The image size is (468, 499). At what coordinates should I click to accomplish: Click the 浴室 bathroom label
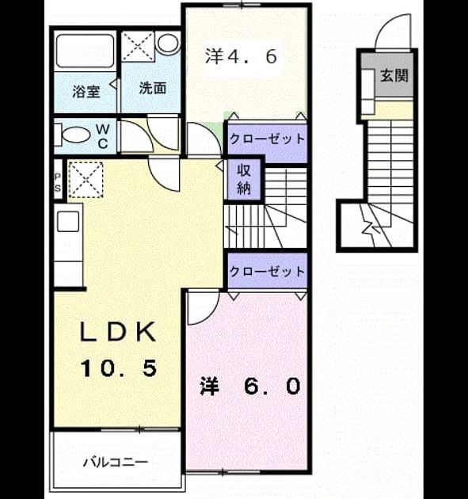pos(86,92)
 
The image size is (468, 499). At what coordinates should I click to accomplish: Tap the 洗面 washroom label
pos(153,88)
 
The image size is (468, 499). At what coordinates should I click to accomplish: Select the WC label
pos(102,136)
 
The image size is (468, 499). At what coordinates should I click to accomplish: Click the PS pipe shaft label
pos(58,182)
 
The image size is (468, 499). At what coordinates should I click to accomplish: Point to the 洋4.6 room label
pos(241,56)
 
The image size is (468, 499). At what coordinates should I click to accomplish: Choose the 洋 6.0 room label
pos(249,386)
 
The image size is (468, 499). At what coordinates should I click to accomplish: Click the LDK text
pos(118,332)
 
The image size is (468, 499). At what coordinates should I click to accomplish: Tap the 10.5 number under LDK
pos(119,368)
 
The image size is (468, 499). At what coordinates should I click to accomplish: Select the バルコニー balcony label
pos(116,462)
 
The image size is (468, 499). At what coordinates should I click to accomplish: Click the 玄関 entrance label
pos(394,75)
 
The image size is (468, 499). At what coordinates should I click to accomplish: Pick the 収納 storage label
pos(244,180)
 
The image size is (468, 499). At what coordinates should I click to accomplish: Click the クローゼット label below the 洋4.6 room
pos(267,139)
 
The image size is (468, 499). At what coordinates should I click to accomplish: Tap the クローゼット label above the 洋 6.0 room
pos(267,271)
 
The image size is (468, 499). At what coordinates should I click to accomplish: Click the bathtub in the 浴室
pos(86,51)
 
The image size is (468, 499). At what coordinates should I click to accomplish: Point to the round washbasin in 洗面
pos(168,43)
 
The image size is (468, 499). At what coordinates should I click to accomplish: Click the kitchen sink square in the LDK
pos(68,221)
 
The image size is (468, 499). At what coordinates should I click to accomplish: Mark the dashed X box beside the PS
pos(86,180)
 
